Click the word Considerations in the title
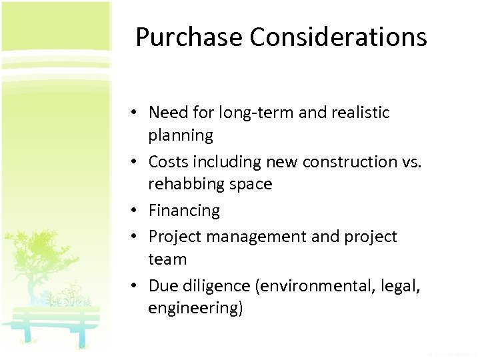tap(339, 37)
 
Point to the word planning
tap(181, 135)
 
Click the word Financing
tap(184, 211)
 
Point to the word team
tap(167, 259)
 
